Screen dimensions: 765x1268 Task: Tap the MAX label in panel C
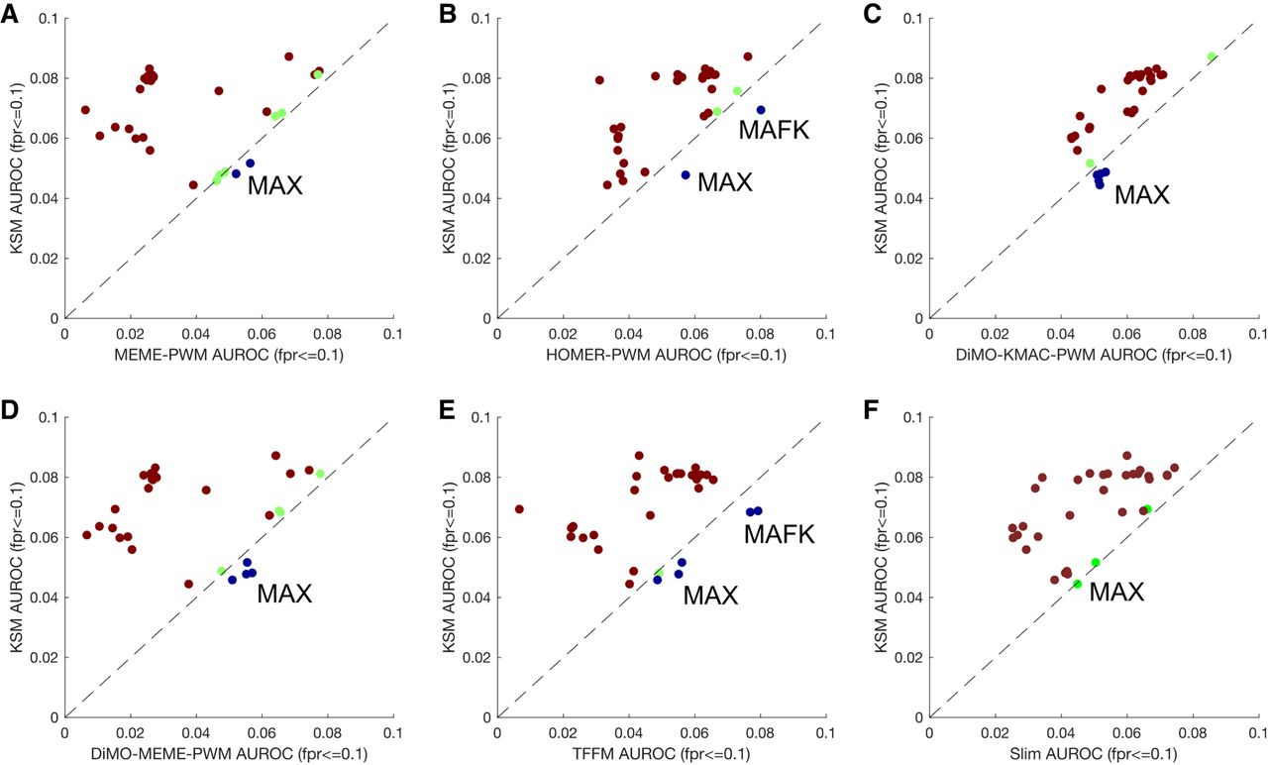(x=1142, y=194)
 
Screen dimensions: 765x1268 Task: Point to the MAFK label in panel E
(x=779, y=535)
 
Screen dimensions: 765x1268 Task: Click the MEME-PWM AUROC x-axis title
(x=228, y=355)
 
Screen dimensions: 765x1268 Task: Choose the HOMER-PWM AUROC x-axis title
(x=660, y=355)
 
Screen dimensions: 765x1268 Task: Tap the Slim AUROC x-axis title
(x=1093, y=753)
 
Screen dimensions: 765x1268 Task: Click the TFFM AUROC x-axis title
(x=660, y=753)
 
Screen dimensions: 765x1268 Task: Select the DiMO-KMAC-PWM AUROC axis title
(x=1093, y=355)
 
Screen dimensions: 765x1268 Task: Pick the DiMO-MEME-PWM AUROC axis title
(x=228, y=753)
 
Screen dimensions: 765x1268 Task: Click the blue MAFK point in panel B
(x=761, y=110)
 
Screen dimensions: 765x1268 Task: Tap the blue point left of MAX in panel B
(x=685, y=174)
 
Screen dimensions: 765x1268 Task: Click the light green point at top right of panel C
(x=1211, y=56)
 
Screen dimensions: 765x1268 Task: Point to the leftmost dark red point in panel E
(x=519, y=509)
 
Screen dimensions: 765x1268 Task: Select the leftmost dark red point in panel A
(x=85, y=110)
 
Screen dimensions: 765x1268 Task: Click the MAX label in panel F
(x=1116, y=593)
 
